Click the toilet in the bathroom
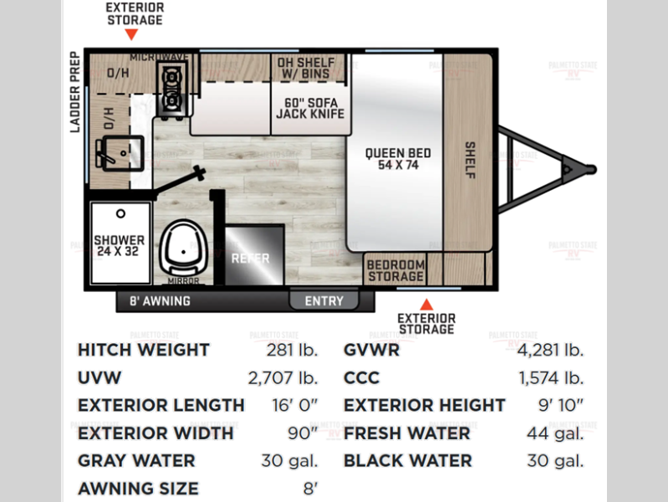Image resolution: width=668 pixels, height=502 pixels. pyautogui.click(x=183, y=248)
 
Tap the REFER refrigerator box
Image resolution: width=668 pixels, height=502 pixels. pyautogui.click(x=254, y=255)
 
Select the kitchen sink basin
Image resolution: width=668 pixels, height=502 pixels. pyautogui.click(x=120, y=153)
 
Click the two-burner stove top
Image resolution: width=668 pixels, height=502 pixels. pyautogui.click(x=171, y=89)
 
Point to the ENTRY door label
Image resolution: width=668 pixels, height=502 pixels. pyautogui.click(x=324, y=301)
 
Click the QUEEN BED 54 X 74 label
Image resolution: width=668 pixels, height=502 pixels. pyautogui.click(x=398, y=159)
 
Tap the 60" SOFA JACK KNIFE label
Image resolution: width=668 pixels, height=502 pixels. pyautogui.click(x=310, y=108)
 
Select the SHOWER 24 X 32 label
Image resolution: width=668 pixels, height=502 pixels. pyautogui.click(x=119, y=246)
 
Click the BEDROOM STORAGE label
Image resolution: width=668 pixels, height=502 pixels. pyautogui.click(x=395, y=271)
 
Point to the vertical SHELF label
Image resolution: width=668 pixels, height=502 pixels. pyautogui.click(x=470, y=161)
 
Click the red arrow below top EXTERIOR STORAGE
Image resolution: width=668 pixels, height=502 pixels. pyautogui.click(x=131, y=34)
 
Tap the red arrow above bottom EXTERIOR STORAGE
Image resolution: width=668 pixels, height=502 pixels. pyautogui.click(x=426, y=305)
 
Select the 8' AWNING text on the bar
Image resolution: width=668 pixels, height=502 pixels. pyautogui.click(x=160, y=301)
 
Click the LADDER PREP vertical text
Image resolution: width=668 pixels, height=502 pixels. pyautogui.click(x=75, y=92)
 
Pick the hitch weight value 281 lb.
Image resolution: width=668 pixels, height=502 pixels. pyautogui.click(x=293, y=351)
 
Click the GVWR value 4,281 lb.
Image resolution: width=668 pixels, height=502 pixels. pyautogui.click(x=550, y=351)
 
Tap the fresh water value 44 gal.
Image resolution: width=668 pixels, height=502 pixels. pyautogui.click(x=555, y=433)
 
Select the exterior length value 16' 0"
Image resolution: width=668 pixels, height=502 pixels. pyautogui.click(x=295, y=405)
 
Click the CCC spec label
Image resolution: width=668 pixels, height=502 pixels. pyautogui.click(x=361, y=378)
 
